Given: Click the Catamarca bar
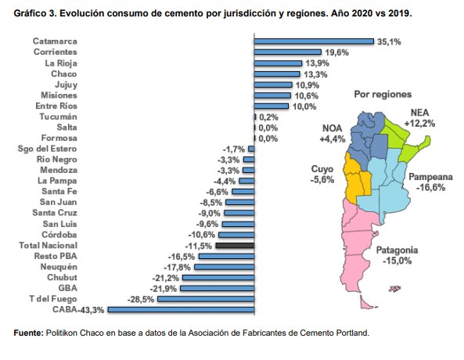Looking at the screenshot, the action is click(x=314, y=41).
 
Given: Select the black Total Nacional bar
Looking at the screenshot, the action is click(x=235, y=246).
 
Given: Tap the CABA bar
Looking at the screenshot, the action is click(x=181, y=310).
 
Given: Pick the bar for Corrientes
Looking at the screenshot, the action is click(x=288, y=52).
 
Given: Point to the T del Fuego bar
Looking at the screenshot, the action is click(x=206, y=299).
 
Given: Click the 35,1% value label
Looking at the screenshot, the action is click(x=389, y=41).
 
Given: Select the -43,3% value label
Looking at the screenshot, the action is click(x=91, y=310).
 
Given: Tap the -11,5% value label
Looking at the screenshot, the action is click(x=199, y=246).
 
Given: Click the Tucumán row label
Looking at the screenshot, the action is click(x=59, y=117).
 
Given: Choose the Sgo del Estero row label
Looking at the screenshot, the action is click(x=48, y=149).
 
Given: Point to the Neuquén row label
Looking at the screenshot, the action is click(x=59, y=267).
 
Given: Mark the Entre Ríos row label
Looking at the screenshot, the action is click(x=56, y=106).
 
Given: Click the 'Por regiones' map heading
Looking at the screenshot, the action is click(x=383, y=94).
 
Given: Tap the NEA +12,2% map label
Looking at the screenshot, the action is click(x=419, y=118).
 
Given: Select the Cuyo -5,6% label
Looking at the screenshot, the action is click(x=322, y=174).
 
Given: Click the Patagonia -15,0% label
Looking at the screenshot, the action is click(x=397, y=255).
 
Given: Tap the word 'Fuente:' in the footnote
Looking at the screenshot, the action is click(x=28, y=333).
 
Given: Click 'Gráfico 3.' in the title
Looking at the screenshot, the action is click(x=35, y=13).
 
